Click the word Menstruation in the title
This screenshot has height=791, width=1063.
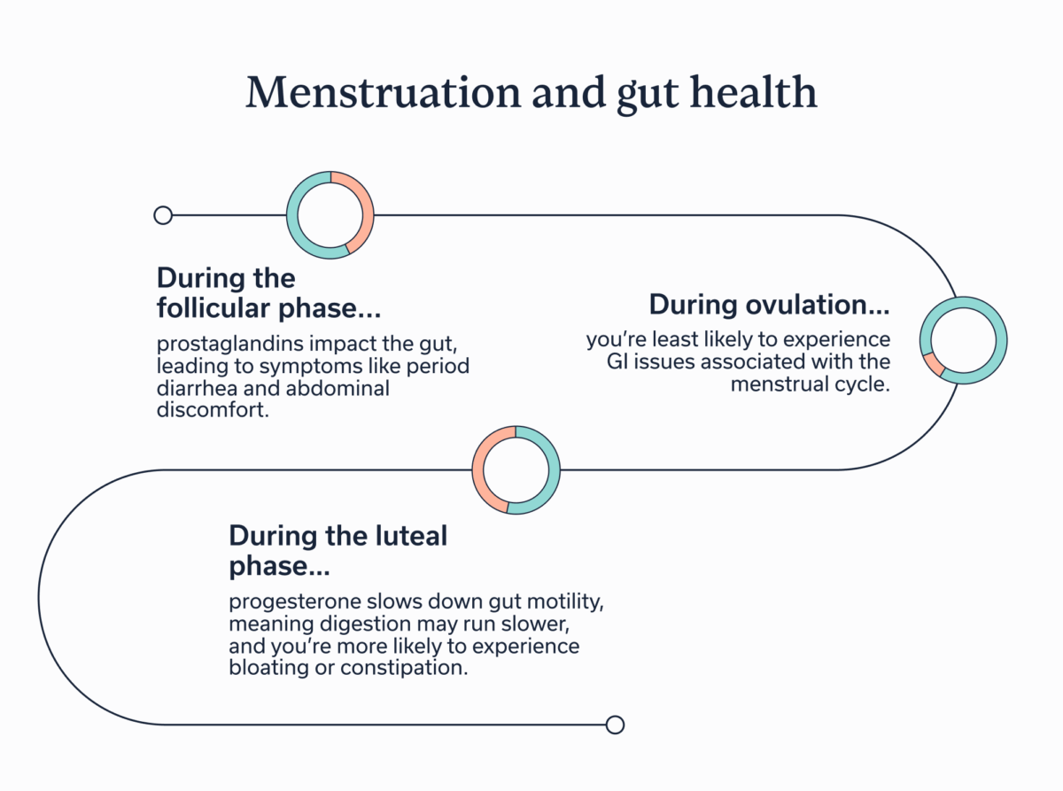tap(383, 91)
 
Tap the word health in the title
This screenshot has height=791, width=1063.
tap(753, 91)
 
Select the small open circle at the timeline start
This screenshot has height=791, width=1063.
tap(163, 215)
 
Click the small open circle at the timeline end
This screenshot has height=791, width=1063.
tap(615, 725)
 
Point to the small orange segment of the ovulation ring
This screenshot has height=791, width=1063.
tap(933, 364)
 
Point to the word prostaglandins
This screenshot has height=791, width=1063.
tap(230, 345)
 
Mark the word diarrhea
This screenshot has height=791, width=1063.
tap(197, 388)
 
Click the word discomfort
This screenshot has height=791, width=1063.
tap(213, 410)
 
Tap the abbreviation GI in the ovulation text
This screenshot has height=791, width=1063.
tap(617, 361)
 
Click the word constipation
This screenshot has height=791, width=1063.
tap(404, 668)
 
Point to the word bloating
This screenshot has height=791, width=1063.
tap(269, 668)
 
